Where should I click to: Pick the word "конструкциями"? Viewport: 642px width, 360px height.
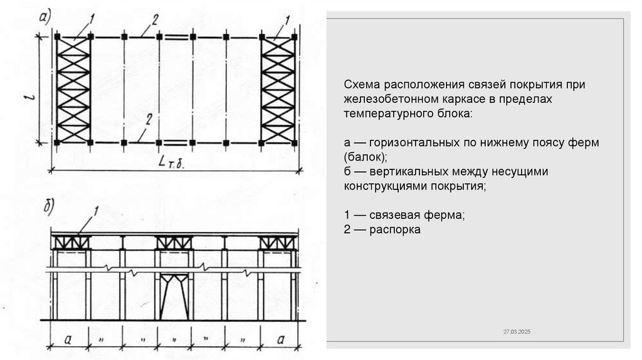(384, 186)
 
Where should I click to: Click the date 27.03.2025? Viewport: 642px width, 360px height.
(517, 331)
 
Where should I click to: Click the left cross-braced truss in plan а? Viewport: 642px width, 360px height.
(73, 90)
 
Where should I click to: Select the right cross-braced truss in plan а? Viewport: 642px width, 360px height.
(278, 90)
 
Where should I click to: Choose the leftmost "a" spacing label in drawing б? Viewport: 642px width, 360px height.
(68, 340)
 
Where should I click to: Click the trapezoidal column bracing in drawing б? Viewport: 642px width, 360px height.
(174, 295)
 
